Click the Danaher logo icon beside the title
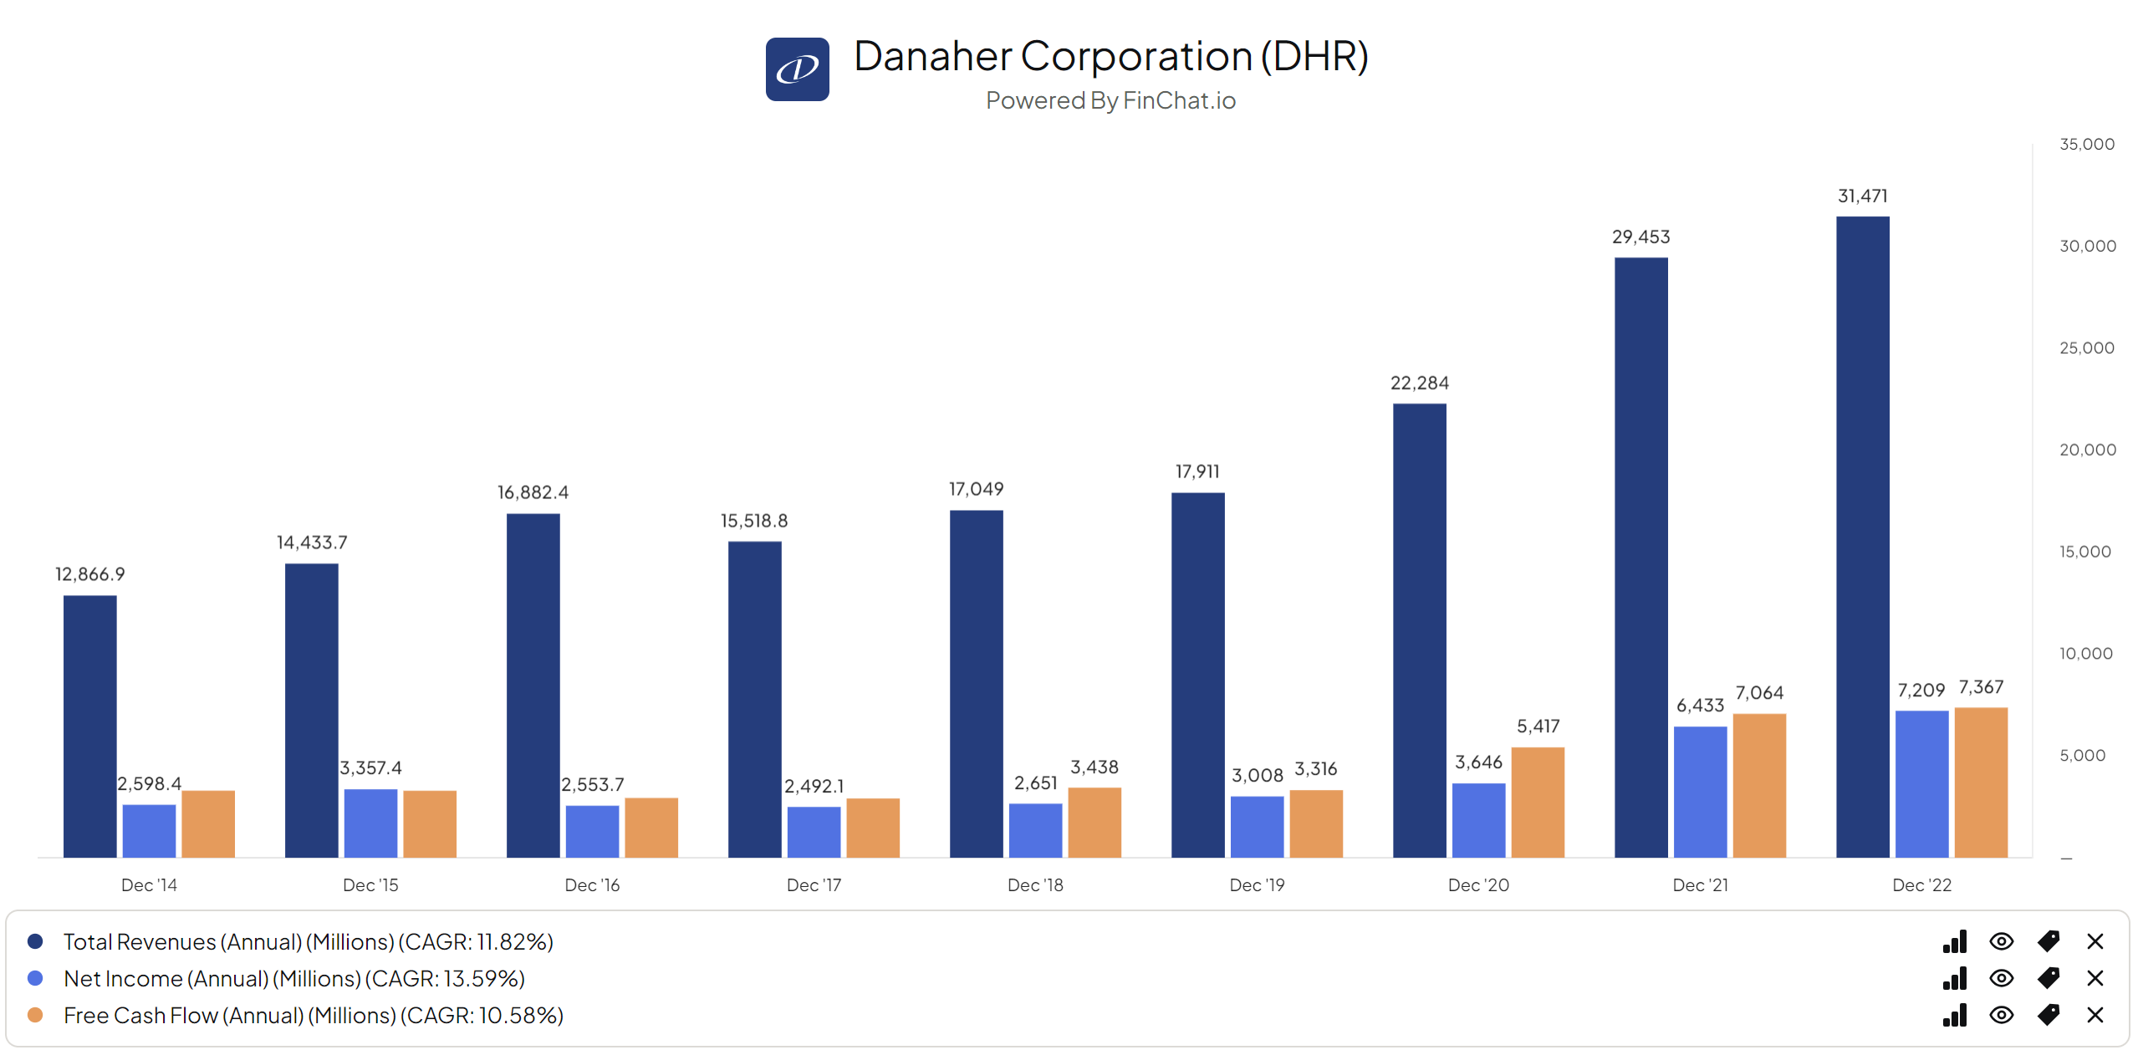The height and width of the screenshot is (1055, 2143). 796,69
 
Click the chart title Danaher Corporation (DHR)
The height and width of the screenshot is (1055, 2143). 1110,56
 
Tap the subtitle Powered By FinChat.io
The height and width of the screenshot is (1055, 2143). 1110,100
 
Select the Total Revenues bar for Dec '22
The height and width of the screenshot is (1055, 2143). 1861,535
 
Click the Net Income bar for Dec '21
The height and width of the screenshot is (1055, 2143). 1699,790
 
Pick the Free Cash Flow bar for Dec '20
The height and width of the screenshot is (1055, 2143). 1537,801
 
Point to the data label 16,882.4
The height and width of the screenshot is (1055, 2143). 533,492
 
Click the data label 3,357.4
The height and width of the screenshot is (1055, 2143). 370,767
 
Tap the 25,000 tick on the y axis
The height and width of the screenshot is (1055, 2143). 2086,348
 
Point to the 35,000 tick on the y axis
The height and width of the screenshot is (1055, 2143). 2086,144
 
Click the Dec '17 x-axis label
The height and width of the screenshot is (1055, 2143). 813,884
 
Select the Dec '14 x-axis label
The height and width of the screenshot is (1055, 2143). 149,884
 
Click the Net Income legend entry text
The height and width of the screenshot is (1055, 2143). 293,978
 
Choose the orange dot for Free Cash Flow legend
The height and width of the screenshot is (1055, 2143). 35,1015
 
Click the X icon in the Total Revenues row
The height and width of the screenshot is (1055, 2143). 2094,941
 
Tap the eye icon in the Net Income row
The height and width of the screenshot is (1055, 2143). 2000,978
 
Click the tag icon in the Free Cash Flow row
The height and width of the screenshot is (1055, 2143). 2048,1015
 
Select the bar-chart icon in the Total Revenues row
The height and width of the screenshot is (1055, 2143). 1954,941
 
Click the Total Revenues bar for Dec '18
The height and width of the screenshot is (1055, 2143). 975,682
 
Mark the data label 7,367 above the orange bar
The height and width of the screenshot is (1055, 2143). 1980,687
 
